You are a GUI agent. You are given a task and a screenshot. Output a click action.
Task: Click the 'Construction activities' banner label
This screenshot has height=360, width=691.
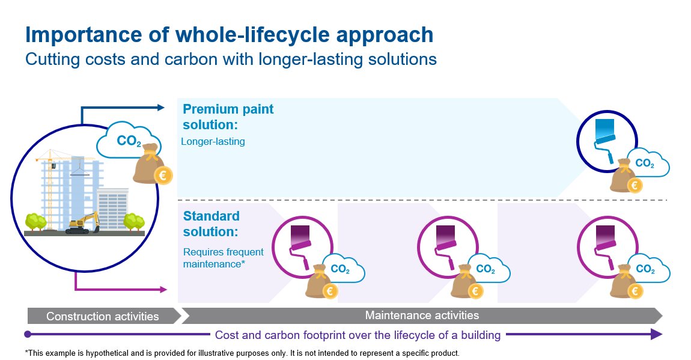(x=103, y=316)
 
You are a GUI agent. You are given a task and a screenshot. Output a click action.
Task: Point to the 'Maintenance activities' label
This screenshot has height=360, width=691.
(x=422, y=316)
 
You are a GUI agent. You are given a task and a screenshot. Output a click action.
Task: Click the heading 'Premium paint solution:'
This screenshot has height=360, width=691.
(x=228, y=117)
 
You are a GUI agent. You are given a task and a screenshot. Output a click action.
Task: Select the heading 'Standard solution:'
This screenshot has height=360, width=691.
(x=211, y=224)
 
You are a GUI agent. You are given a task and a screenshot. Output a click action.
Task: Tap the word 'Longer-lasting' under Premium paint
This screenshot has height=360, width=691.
(x=213, y=141)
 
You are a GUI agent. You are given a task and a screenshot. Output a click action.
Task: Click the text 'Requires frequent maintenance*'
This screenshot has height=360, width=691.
(x=223, y=258)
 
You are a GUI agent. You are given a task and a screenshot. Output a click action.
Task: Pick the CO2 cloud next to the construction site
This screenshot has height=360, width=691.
(x=126, y=139)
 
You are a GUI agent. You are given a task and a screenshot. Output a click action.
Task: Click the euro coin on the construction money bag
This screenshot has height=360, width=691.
(x=163, y=176)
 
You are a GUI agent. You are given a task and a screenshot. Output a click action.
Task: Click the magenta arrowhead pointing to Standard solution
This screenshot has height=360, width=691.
(x=163, y=290)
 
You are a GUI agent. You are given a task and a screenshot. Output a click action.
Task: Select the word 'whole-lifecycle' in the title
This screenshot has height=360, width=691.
(x=252, y=35)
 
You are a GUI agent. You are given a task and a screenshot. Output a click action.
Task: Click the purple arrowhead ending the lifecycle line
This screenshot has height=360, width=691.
(x=657, y=334)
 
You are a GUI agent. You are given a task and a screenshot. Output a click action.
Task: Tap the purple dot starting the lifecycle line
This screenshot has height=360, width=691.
(x=28, y=334)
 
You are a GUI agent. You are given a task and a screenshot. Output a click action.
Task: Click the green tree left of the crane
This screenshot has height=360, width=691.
(x=35, y=222)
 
